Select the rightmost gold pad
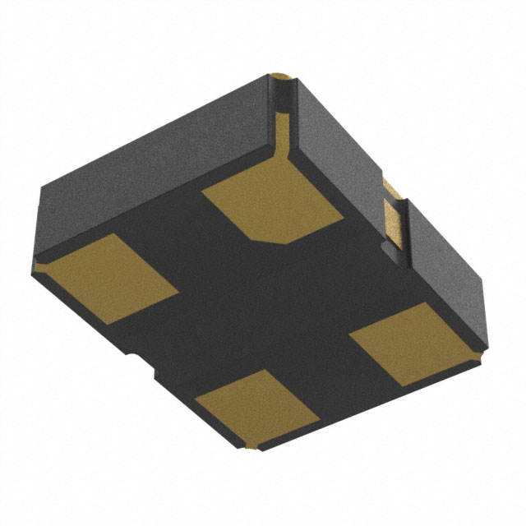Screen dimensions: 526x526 pos(403,341)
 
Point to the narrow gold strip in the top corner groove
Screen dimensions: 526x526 pos(281,123)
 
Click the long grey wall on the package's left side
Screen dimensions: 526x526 pos(156,156)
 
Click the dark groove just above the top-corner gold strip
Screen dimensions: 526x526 pos(281,95)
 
